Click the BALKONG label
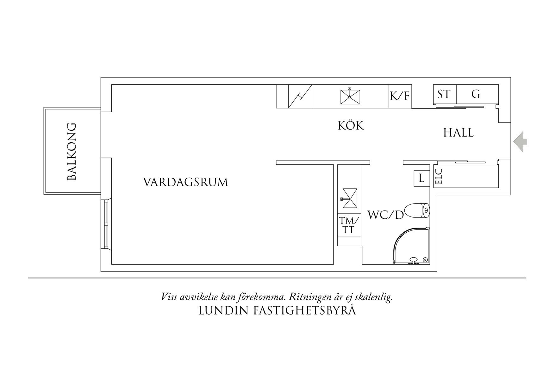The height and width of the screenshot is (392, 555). [x=72, y=152]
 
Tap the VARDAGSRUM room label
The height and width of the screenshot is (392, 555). [x=185, y=182]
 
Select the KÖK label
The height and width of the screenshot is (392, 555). [x=351, y=126]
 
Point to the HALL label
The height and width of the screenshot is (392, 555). [x=458, y=133]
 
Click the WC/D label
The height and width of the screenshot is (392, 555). [x=386, y=215]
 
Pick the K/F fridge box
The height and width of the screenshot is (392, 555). [x=400, y=96]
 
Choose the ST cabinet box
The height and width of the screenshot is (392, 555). [x=445, y=94]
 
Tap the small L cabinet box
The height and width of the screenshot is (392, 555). [x=421, y=179]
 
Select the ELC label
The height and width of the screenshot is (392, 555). [x=439, y=176]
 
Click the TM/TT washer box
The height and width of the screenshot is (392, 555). [x=349, y=225]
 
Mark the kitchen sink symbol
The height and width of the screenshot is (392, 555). [x=350, y=97]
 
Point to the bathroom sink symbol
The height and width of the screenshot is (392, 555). [x=349, y=199]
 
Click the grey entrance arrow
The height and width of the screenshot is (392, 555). [x=520, y=141]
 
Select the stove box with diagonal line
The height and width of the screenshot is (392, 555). [x=300, y=96]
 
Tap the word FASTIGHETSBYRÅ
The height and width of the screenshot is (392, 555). [x=305, y=311]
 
